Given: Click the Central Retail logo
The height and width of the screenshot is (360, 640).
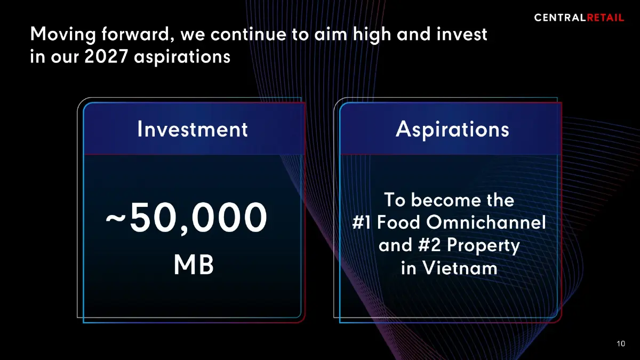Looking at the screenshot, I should (579, 18).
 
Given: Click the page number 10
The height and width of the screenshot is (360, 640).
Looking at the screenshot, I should (620, 344).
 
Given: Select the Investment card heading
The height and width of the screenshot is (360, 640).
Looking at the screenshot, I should (193, 130).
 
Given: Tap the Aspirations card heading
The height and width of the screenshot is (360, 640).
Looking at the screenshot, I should (452, 130).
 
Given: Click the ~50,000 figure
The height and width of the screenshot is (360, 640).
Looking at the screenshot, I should (186, 219).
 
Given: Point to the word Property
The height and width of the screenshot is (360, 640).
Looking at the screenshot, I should (483, 245).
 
